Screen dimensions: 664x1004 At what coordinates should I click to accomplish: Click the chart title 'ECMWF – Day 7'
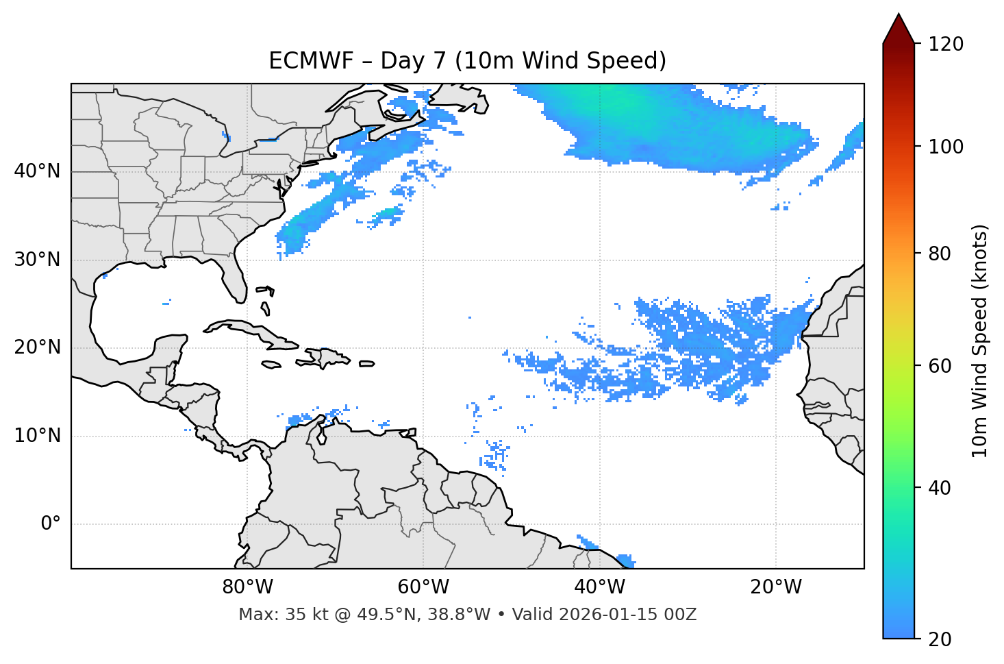(x=467, y=61)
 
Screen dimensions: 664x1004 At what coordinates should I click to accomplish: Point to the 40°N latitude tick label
(x=37, y=171)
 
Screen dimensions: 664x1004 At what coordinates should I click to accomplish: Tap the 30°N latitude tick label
(x=37, y=260)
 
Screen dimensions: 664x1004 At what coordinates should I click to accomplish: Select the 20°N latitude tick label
(x=37, y=347)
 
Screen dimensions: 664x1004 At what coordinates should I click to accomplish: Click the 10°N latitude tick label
(x=37, y=436)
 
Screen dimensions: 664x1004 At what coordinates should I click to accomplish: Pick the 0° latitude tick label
(x=51, y=524)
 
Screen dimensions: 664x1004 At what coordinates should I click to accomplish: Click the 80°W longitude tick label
(x=247, y=587)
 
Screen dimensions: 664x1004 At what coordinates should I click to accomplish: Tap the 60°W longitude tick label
(x=423, y=587)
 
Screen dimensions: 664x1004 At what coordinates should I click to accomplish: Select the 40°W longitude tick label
(x=600, y=587)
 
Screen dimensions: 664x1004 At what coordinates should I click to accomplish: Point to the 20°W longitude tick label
(x=776, y=587)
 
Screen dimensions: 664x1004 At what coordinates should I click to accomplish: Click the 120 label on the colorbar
(x=946, y=45)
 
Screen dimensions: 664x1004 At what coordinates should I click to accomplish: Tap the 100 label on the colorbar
(x=946, y=147)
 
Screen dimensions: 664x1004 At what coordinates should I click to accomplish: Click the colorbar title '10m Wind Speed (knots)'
(x=980, y=341)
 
